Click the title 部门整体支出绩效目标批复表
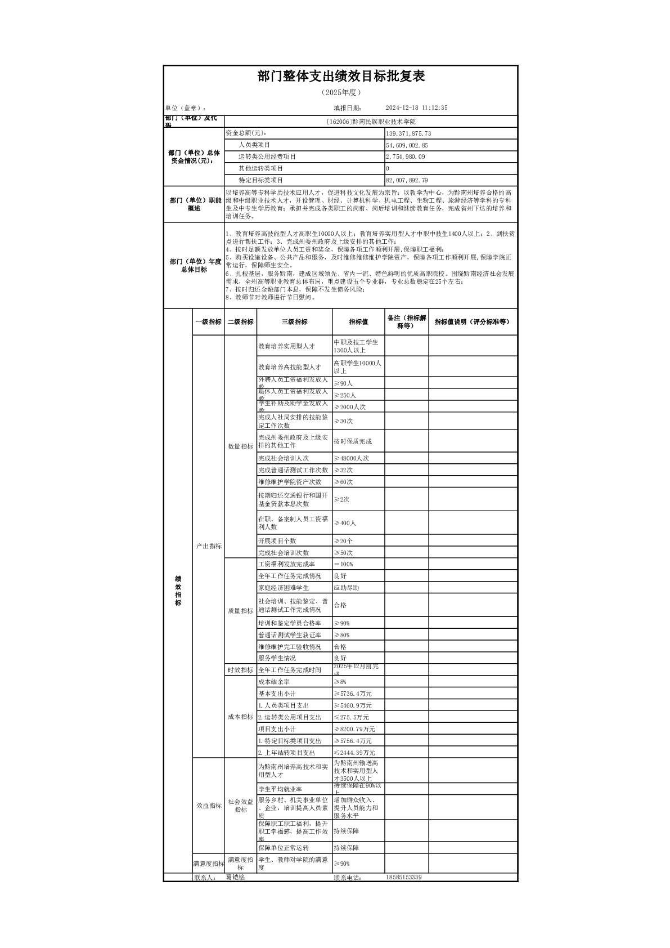tap(340, 77)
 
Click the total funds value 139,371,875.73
tap(408, 133)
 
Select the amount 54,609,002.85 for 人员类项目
tap(407, 145)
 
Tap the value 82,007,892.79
tap(407, 180)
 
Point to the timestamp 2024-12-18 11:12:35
tap(416, 108)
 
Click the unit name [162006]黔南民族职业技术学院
tap(371, 122)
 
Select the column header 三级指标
tap(294, 322)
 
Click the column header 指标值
tap(358, 322)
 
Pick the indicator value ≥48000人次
tap(352, 458)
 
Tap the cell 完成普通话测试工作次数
tap(293, 470)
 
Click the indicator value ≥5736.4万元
tap(353, 694)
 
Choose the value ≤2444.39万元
tap(354, 753)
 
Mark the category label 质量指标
tap(240, 611)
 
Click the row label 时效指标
tap(240, 670)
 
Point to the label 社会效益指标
tap(240, 806)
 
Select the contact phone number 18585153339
tap(404, 878)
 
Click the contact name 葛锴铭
tap(235, 878)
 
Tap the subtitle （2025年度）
tap(340, 92)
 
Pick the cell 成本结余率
tap(274, 682)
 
